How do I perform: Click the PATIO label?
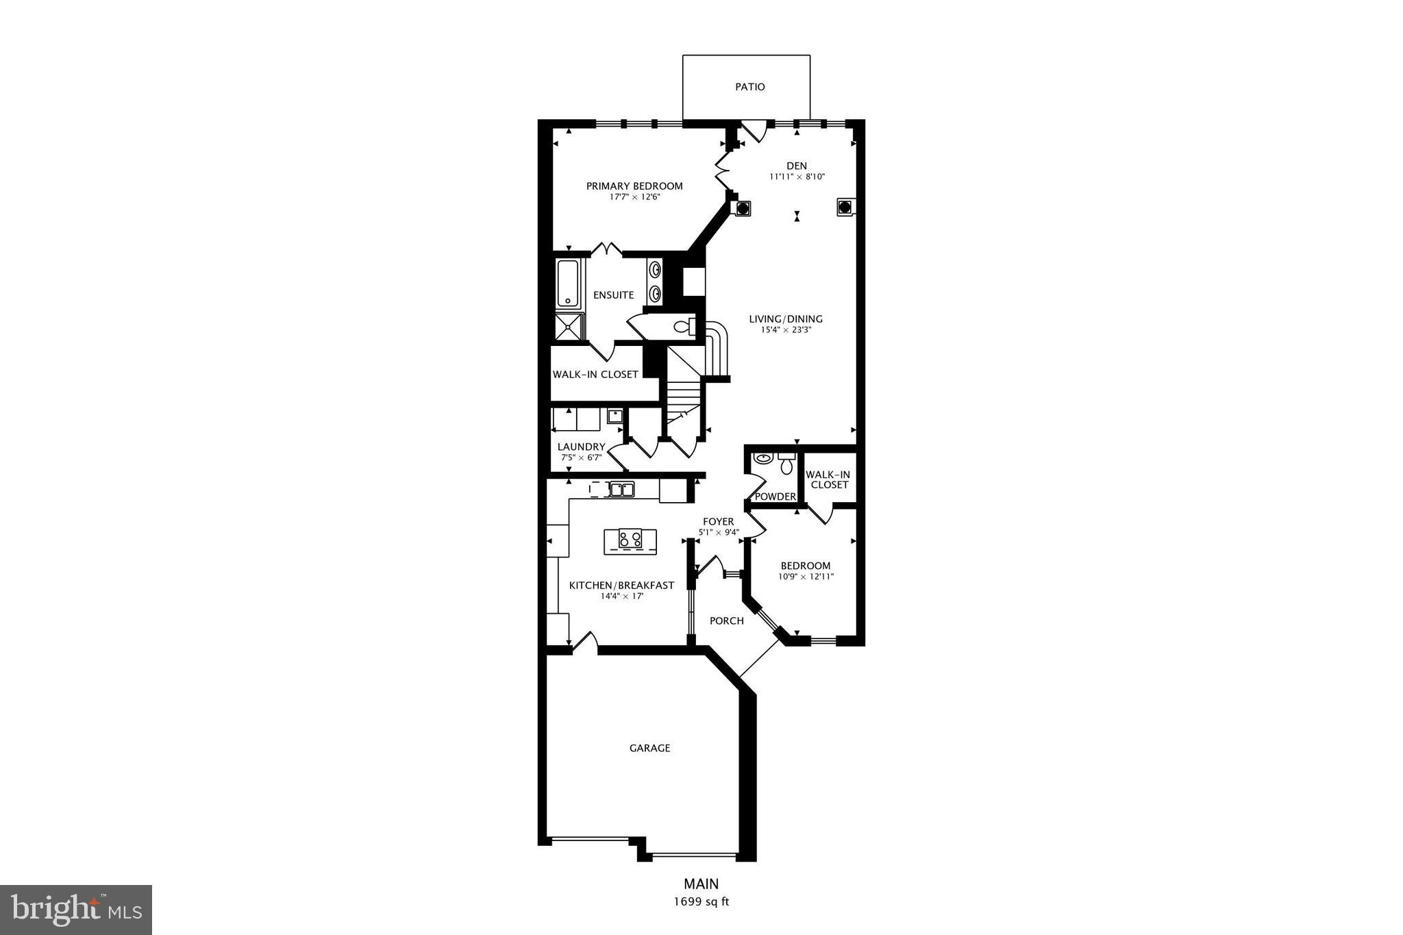click(x=750, y=87)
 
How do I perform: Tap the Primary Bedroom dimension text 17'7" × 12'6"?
click(x=634, y=197)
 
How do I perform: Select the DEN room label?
click(x=797, y=166)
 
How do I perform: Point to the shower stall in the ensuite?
click(x=568, y=327)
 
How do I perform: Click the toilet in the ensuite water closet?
click(x=684, y=327)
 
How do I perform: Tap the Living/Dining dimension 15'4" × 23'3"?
click(x=786, y=329)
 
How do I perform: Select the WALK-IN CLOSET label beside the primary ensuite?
click(x=595, y=375)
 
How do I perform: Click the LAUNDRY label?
click(x=581, y=447)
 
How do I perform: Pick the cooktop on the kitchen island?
click(x=630, y=539)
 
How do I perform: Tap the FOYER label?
click(x=718, y=522)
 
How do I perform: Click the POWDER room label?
click(x=775, y=497)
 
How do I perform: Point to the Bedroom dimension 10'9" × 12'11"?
click(x=806, y=577)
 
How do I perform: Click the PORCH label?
click(x=726, y=621)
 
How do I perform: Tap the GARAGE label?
click(x=649, y=748)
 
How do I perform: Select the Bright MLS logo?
click(x=76, y=910)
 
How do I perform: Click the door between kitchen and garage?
click(x=584, y=643)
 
